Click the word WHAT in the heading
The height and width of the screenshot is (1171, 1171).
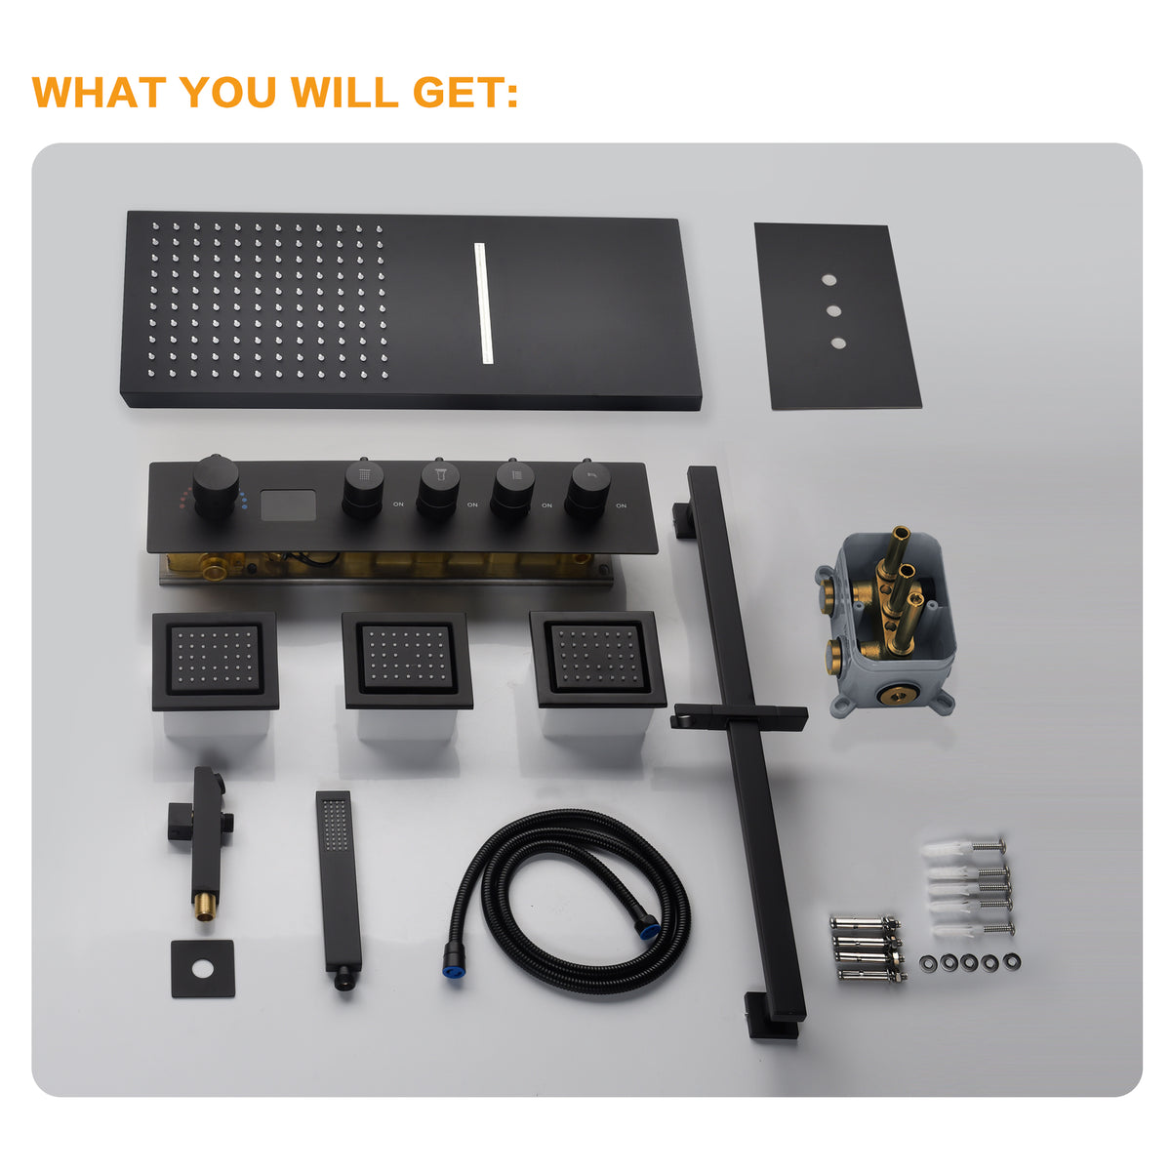tap(100, 93)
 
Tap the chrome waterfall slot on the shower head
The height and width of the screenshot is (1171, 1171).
tap(483, 303)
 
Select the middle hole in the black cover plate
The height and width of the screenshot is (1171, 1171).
tap(833, 311)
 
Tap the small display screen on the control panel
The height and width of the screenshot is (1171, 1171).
tap(289, 505)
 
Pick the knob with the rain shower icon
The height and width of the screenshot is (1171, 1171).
tap(363, 488)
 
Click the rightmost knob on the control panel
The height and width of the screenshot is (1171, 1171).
tap(587, 490)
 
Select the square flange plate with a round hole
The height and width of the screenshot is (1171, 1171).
tap(203, 969)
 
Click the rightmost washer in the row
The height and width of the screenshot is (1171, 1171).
tap(1012, 961)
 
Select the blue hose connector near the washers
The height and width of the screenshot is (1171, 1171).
tap(647, 929)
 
